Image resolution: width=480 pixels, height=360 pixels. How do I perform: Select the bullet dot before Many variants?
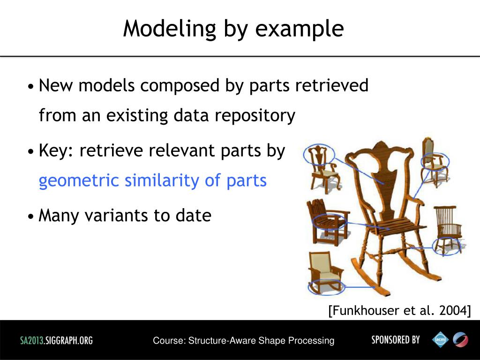pos(30,217)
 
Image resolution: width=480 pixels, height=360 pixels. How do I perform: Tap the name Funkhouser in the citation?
pos(364,310)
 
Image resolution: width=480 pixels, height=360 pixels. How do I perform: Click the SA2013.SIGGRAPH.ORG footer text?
pos(56,340)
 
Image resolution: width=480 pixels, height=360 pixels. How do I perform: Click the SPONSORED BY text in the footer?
pos(396,339)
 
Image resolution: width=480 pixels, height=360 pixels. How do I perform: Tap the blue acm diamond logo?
pos(440,339)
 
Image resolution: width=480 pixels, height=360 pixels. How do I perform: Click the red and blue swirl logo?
pos(460,339)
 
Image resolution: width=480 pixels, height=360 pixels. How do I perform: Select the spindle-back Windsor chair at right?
pos(447,230)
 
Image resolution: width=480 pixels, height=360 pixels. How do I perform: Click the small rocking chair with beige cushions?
pos(324,272)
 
